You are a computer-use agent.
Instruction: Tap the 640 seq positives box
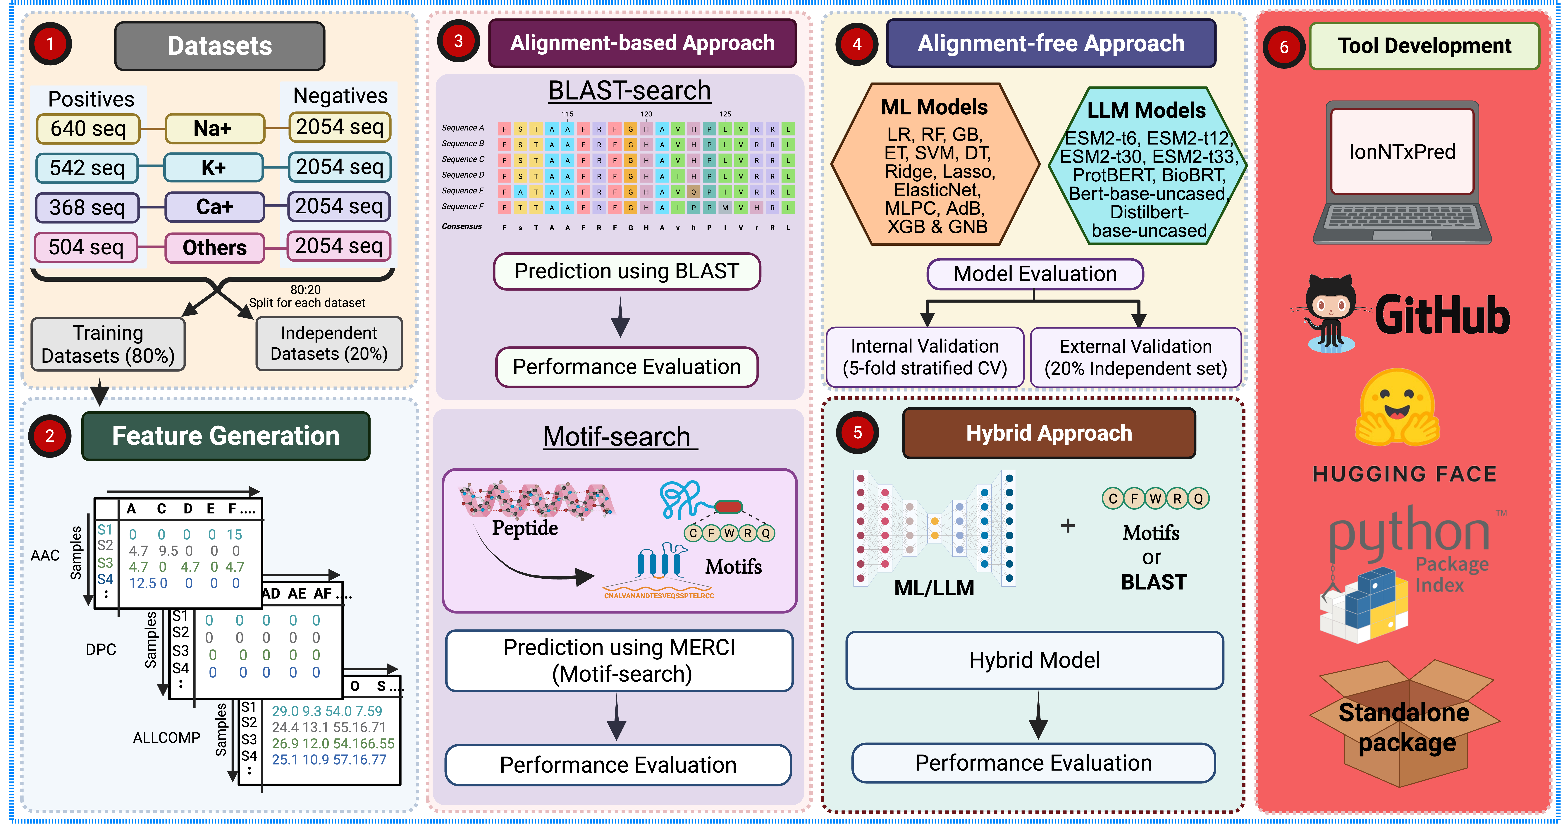pos(88,129)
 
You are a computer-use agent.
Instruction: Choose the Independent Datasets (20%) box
pos(329,344)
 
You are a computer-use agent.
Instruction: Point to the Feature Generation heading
pos(226,436)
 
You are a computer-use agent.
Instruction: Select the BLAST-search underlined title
pos(629,91)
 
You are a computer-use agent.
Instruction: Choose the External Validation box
pos(1135,357)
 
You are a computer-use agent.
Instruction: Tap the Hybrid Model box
pos(1035,660)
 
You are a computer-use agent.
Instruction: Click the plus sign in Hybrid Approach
pos(1067,526)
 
